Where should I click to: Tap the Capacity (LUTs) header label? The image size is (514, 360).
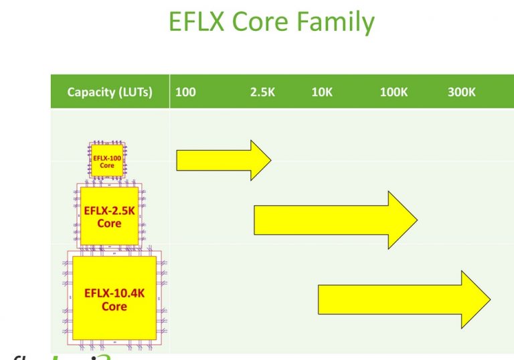tap(110, 92)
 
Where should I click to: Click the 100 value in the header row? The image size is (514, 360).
tap(185, 92)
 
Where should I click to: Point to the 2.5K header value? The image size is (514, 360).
tap(262, 92)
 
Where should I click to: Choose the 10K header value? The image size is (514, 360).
tap(322, 92)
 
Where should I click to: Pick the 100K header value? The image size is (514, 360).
tap(394, 92)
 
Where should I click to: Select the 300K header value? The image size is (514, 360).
tap(462, 92)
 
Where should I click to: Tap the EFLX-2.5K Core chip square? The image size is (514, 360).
tap(109, 215)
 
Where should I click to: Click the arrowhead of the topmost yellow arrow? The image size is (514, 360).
tap(260, 161)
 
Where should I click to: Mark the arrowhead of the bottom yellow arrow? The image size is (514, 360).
tap(476, 299)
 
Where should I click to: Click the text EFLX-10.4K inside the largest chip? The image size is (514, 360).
tap(114, 292)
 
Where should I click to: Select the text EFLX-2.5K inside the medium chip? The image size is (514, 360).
tap(109, 210)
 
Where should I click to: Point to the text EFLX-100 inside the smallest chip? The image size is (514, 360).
tap(107, 158)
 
